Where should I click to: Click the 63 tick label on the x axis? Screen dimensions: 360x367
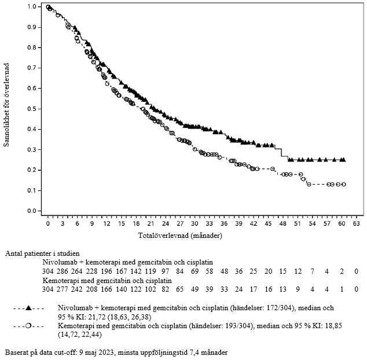pos(357,223)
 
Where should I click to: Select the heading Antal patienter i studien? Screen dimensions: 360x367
pos(43,254)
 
